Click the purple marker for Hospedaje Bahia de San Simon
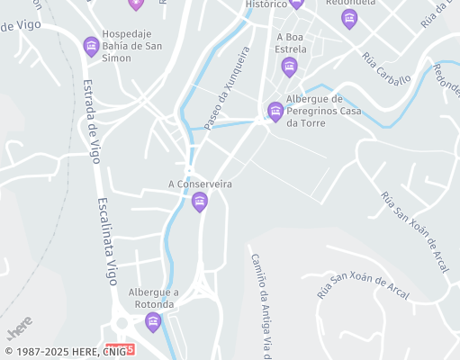point(90,45)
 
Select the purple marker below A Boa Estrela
point(289,66)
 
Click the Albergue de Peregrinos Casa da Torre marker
point(275,111)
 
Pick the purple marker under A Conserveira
point(200,201)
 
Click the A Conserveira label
point(201,184)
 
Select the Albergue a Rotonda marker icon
point(154,321)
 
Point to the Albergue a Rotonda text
point(154,298)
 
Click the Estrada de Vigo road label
point(91,121)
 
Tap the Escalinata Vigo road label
point(107,240)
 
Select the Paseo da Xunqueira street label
point(227,89)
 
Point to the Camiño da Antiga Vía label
point(260,306)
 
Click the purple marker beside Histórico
point(296,4)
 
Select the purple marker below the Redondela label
point(349,20)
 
